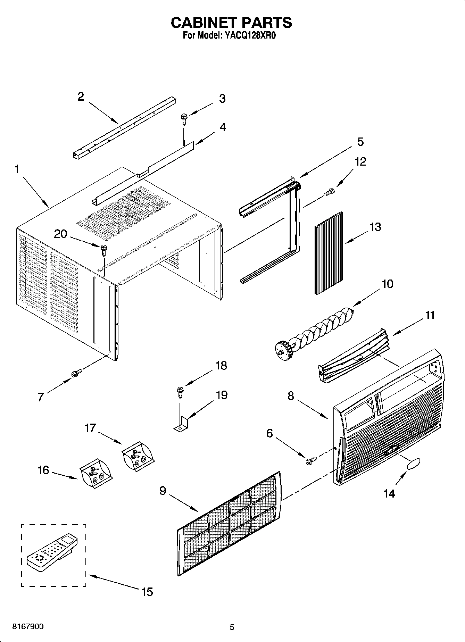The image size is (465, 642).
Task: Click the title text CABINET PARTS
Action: tap(231, 23)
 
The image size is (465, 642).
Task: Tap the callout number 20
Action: tap(60, 234)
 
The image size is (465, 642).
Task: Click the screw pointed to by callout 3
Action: tap(183, 119)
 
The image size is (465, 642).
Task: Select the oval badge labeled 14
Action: tap(413, 464)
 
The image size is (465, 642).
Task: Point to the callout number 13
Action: tap(375, 227)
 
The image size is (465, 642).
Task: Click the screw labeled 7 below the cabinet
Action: tap(76, 373)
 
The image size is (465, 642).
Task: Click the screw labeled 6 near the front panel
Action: tap(311, 460)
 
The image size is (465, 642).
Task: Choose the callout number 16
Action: tap(43, 470)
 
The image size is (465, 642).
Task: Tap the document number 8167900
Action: tap(28, 627)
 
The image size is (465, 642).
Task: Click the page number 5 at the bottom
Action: tap(232, 627)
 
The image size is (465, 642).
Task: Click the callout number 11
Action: tap(430, 315)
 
